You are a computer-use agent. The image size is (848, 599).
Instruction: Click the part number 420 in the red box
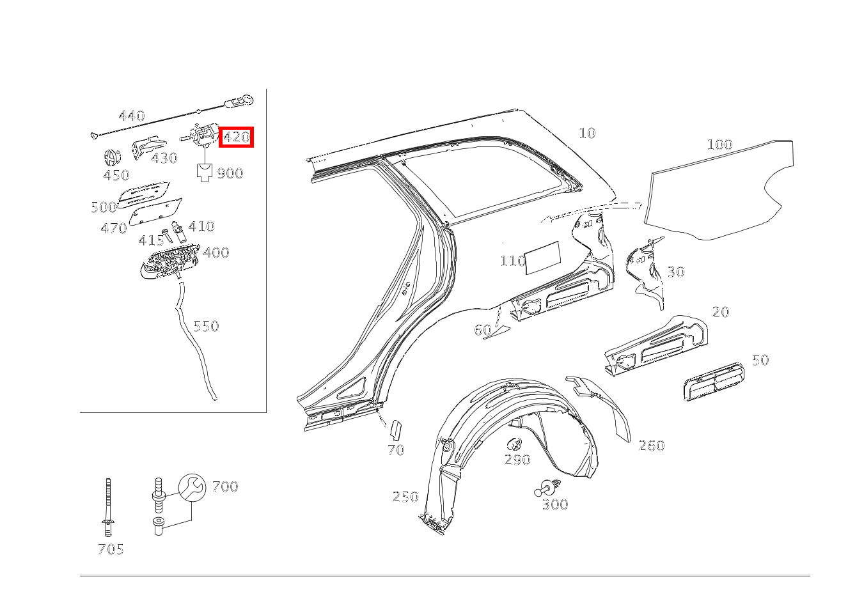coord(236,137)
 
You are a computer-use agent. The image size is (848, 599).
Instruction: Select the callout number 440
coord(132,116)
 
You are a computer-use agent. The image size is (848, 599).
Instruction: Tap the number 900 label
coord(230,173)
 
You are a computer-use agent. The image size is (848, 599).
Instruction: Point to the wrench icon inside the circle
coord(192,487)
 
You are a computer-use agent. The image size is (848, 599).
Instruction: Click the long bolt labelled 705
coord(108,507)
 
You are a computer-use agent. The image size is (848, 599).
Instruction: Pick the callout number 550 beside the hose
coord(206,326)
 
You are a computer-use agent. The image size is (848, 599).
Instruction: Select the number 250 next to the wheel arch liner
coord(405,497)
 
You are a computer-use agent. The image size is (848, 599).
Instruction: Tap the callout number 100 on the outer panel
coord(719,144)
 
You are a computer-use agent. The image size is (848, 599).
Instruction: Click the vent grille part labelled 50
coord(714,382)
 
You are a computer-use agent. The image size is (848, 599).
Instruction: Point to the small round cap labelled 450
coord(113,157)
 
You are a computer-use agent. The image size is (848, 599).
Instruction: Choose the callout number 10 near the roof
coord(587,133)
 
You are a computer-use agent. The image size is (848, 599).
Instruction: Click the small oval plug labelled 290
coord(515,444)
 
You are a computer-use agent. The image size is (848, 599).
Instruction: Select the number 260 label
coord(652,446)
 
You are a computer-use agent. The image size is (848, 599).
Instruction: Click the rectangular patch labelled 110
coord(543,258)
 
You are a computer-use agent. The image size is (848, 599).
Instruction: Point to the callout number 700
coord(225,486)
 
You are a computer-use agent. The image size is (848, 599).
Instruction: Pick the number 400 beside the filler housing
coord(216,253)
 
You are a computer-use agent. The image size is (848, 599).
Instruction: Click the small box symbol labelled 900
coord(205,173)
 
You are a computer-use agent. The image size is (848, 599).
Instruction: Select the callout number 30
coord(675,272)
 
